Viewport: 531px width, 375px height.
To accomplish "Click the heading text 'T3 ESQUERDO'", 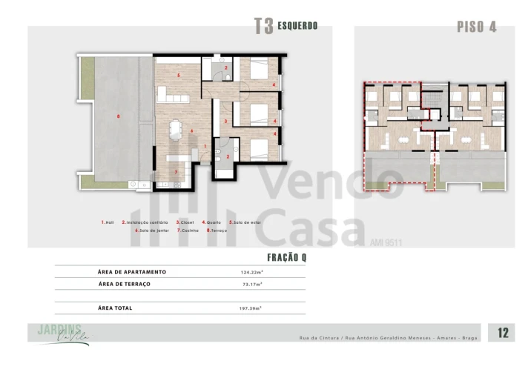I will [286, 26].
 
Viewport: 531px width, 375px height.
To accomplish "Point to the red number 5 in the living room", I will [179, 75].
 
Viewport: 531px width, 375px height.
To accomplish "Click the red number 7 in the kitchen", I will [176, 172].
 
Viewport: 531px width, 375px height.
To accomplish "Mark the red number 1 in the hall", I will [205, 146].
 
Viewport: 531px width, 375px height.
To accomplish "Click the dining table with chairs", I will [175, 130].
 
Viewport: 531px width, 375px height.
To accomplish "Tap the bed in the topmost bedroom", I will [258, 73].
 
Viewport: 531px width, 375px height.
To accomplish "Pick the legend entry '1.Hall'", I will [108, 222].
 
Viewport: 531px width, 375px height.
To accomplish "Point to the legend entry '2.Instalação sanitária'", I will [145, 222].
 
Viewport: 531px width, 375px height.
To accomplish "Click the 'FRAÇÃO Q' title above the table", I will [286, 257].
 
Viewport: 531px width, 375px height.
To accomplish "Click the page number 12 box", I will [503, 333].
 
